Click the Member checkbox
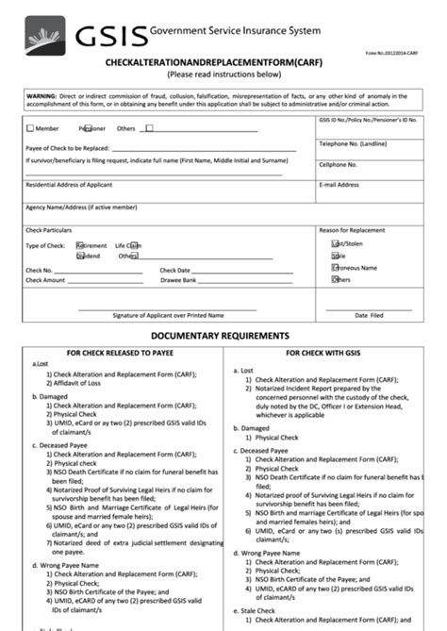(x=31, y=127)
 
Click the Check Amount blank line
(x=105, y=281)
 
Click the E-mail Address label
(x=339, y=184)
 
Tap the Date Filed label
(x=369, y=315)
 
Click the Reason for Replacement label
(x=353, y=230)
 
